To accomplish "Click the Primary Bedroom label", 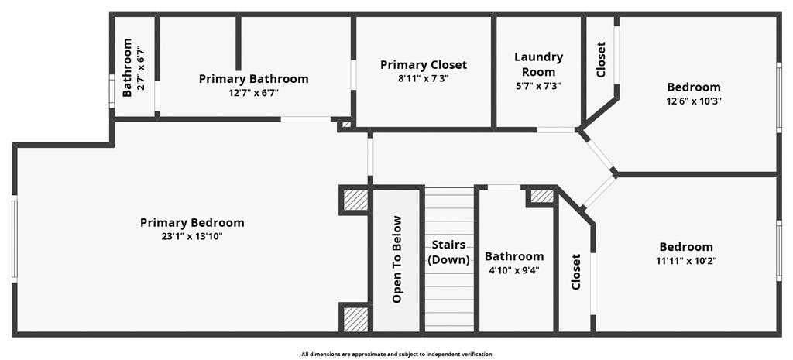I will (x=192, y=223).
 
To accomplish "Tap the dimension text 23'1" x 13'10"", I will (x=192, y=237).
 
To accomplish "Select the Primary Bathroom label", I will (x=253, y=79).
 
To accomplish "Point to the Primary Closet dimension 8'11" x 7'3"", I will (x=424, y=78).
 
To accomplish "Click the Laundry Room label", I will (x=538, y=64).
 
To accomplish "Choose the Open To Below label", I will (x=397, y=259).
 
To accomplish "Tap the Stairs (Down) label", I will (x=449, y=252).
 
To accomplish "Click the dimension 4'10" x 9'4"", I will (x=514, y=270).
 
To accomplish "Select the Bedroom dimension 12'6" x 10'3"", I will (x=694, y=101).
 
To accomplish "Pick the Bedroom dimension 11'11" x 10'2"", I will (x=686, y=261).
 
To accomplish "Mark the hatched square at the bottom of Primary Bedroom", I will (x=355, y=318).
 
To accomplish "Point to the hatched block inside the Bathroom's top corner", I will (x=542, y=197).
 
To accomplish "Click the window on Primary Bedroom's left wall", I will (x=14, y=238).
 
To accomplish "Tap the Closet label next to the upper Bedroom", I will (x=601, y=60).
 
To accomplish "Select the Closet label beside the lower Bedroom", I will (x=576, y=272).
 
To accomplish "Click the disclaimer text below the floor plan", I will (x=396, y=354).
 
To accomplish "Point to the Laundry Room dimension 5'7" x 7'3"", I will (x=538, y=86).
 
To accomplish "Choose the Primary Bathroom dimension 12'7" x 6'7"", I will (x=253, y=93).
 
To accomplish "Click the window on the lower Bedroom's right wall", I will (x=778, y=249).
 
